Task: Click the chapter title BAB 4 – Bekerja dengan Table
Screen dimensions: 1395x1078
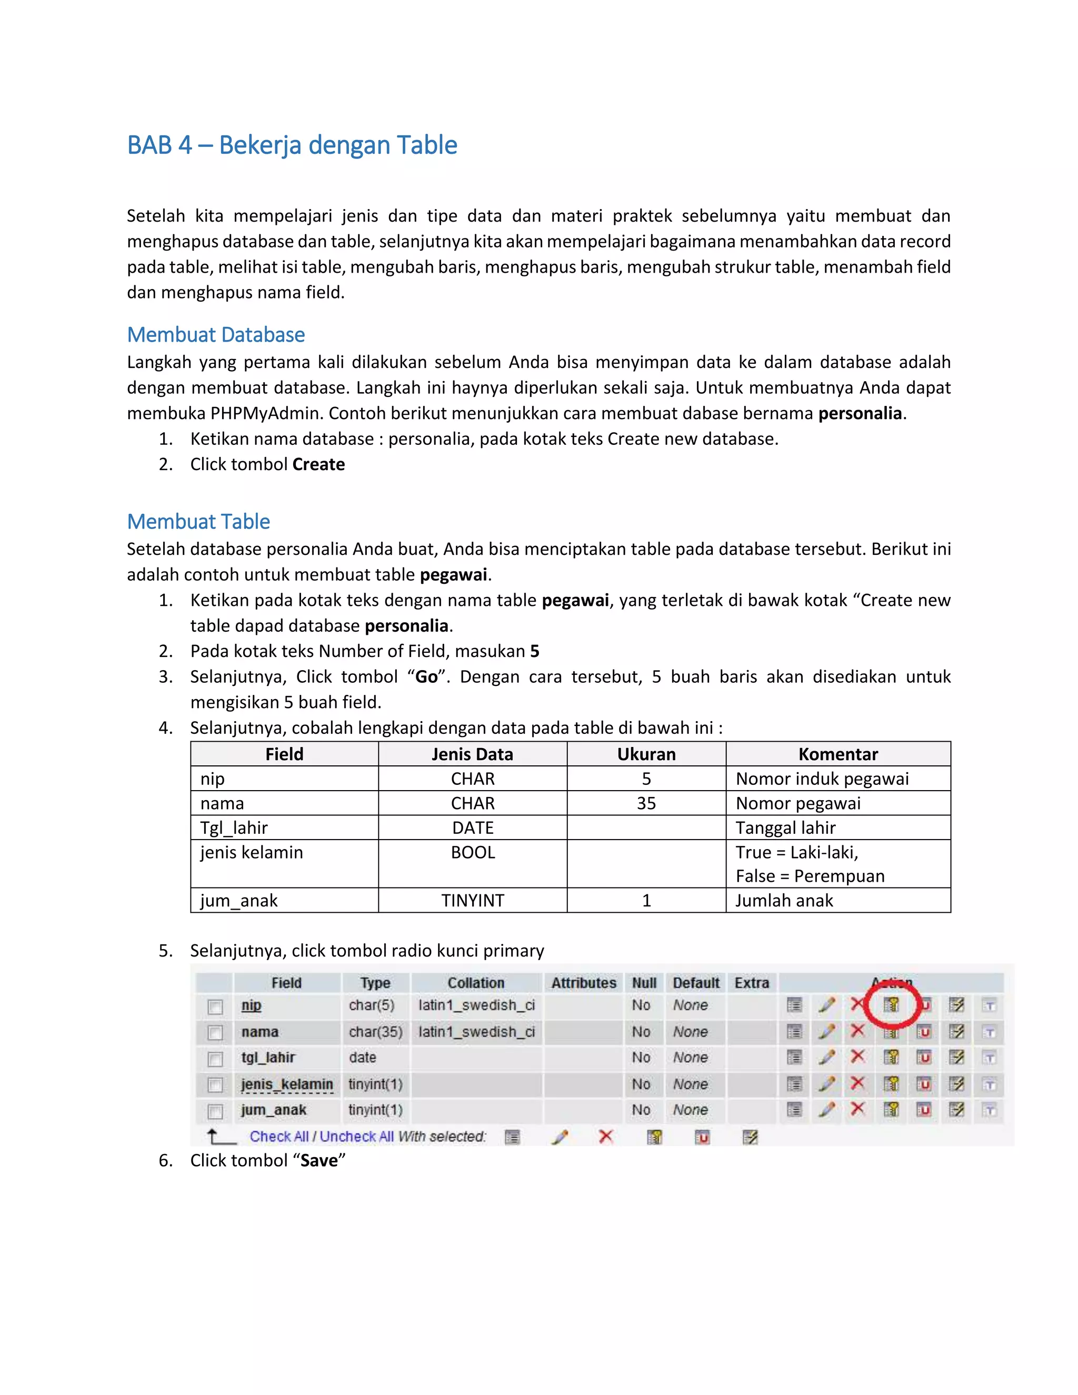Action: [x=292, y=145]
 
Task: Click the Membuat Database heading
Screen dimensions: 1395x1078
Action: [x=216, y=335]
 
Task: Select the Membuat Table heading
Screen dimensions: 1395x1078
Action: [x=198, y=521]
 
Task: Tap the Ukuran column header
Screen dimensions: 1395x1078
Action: [x=646, y=754]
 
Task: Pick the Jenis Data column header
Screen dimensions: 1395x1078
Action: [x=472, y=754]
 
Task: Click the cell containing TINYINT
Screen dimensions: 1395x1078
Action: [x=473, y=901]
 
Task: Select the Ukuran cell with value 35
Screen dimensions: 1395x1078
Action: [x=646, y=803]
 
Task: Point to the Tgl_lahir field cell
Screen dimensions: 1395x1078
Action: [x=234, y=828]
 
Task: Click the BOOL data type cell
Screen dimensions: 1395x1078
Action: [x=473, y=853]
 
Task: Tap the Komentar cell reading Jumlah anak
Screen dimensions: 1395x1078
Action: [x=784, y=901]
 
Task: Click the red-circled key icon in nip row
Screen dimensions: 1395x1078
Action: [x=891, y=1005]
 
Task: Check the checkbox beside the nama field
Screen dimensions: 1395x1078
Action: [x=215, y=1033]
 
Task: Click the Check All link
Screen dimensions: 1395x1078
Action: [x=279, y=1137]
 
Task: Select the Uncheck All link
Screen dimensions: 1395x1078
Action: [x=356, y=1137]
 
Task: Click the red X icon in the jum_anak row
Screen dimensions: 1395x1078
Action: [x=857, y=1110]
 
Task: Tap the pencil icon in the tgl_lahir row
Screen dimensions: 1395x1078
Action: [x=827, y=1058]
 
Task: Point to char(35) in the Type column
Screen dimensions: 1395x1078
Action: [x=375, y=1032]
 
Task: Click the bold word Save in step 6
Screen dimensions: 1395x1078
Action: [x=318, y=1161]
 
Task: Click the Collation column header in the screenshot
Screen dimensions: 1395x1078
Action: [x=476, y=983]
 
